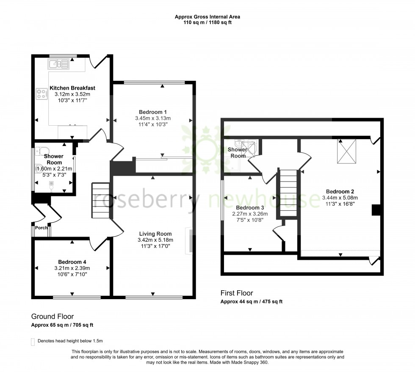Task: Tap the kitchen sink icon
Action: [58, 64]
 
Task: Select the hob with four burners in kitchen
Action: [42, 94]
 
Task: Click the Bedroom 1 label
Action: [152, 112]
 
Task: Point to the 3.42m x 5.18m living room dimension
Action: [155, 240]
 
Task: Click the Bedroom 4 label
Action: [72, 262]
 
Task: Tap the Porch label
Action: [41, 228]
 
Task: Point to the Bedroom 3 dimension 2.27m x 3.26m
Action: [249, 214]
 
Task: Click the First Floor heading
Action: [237, 293]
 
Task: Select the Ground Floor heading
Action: [53, 316]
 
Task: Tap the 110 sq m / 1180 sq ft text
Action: [207, 22]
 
